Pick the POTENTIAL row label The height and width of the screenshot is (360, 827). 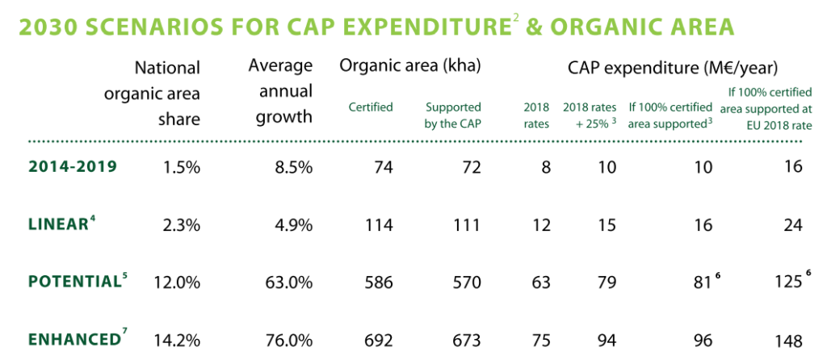pos(73,282)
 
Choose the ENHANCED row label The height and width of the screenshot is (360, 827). pos(71,339)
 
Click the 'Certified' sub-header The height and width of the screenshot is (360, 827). pos(371,107)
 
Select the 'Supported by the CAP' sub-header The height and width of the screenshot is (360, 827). pos(453,115)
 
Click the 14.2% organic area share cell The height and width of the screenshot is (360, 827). pos(178,340)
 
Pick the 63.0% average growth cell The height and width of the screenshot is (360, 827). pos(288,283)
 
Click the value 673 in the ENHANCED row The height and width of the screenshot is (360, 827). pos(466,340)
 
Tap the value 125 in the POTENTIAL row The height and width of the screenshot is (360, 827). pos(787,283)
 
